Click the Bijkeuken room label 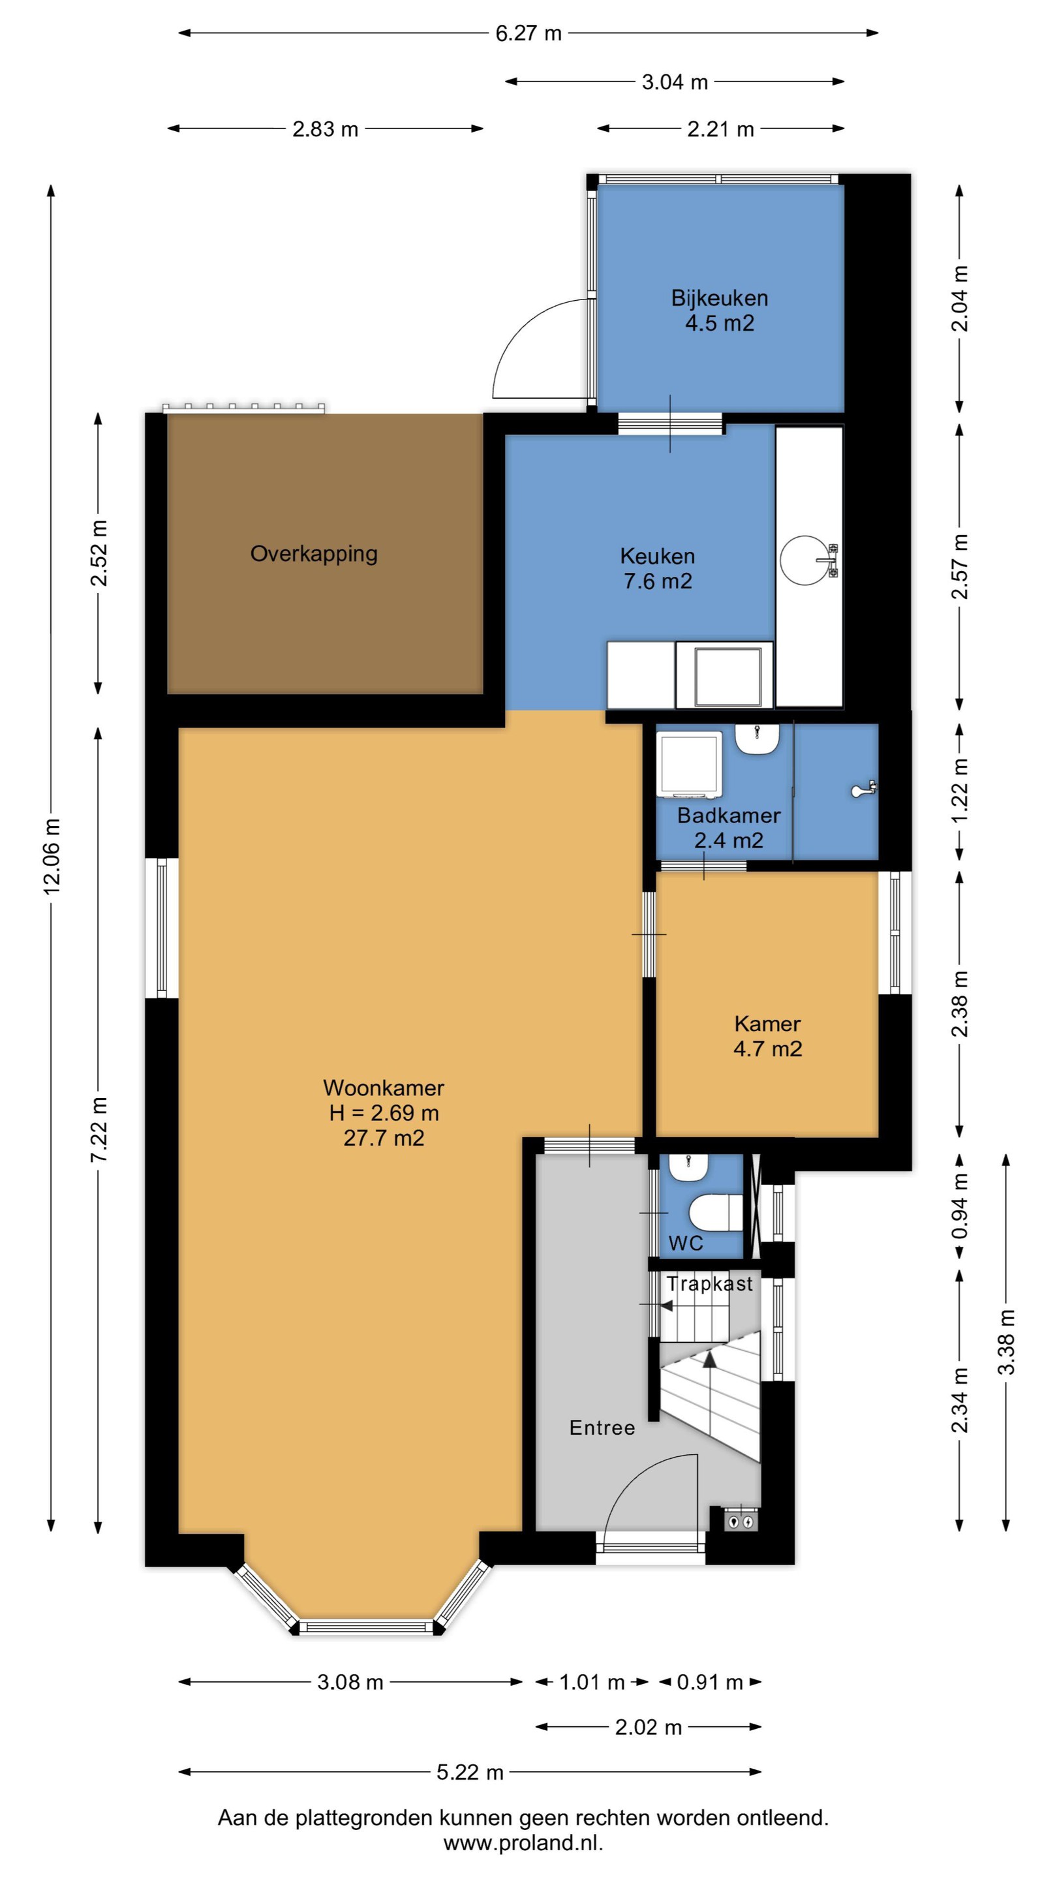pyautogui.click(x=719, y=298)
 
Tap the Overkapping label pyautogui.click(x=314, y=554)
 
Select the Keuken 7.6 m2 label pyautogui.click(x=657, y=568)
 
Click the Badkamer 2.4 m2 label pyautogui.click(x=729, y=827)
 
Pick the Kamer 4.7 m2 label pyautogui.click(x=767, y=1036)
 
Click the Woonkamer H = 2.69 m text pyautogui.click(x=384, y=1100)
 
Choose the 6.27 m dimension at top pyautogui.click(x=528, y=33)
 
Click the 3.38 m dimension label pyautogui.click(x=1007, y=1341)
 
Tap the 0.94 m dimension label pyautogui.click(x=960, y=1205)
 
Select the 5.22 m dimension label pyautogui.click(x=470, y=1772)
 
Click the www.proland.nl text pyautogui.click(x=523, y=1842)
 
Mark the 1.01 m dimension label pyautogui.click(x=592, y=1682)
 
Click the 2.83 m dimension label pyautogui.click(x=326, y=129)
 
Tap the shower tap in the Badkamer pyautogui.click(x=864, y=790)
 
